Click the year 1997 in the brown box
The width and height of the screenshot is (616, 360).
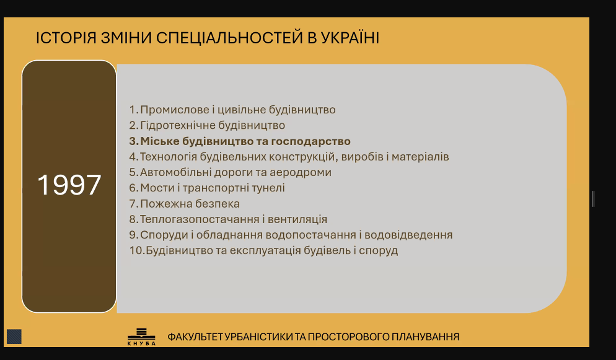(x=69, y=185)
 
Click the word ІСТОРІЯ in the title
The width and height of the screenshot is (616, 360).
(x=66, y=38)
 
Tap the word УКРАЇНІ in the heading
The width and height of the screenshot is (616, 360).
(x=350, y=38)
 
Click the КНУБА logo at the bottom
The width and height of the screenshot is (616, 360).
(x=141, y=337)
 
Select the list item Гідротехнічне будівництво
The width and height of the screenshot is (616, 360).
(x=213, y=125)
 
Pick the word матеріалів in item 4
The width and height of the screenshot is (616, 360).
(x=420, y=157)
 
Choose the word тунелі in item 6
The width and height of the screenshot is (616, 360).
(x=265, y=188)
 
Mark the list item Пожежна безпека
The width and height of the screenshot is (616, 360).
(x=190, y=204)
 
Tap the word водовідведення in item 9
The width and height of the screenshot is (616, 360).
(x=408, y=235)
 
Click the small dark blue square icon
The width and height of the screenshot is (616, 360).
(x=14, y=336)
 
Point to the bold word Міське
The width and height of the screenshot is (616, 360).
(x=159, y=141)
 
